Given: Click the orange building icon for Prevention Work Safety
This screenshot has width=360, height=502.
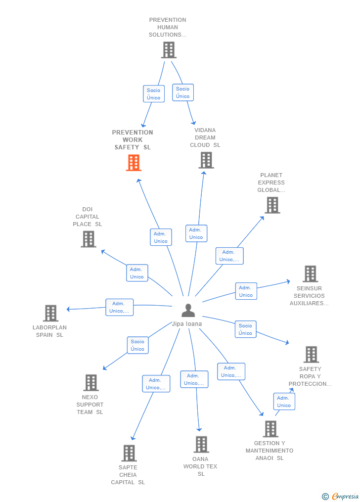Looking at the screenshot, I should [134, 163].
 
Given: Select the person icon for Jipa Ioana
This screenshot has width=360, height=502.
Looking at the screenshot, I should [188, 311].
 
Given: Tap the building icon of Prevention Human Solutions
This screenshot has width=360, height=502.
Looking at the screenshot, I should [169, 50].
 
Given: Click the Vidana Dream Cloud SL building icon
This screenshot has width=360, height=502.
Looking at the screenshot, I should [206, 160].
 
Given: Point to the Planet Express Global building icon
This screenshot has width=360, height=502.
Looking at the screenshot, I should [272, 205].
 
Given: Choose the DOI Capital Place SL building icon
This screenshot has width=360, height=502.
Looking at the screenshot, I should [88, 239].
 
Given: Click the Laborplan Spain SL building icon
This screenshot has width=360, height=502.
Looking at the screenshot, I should [50, 314].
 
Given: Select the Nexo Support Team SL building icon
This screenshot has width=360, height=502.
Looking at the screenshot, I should [90, 383].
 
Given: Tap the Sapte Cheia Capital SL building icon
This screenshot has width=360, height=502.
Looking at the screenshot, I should [129, 453].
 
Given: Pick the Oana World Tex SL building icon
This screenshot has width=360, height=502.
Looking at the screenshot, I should [201, 445].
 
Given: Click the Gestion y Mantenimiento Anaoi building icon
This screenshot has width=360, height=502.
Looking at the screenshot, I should [270, 429].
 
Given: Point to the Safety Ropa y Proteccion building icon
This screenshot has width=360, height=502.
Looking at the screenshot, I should [311, 355].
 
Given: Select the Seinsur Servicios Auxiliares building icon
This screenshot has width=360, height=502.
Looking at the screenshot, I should [310, 274].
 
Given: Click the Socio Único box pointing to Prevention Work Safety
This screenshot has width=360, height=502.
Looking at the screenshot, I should [154, 94].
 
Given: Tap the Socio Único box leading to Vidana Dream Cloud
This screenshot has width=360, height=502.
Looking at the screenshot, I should [182, 92].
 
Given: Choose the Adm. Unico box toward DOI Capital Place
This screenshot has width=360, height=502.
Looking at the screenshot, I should [137, 273].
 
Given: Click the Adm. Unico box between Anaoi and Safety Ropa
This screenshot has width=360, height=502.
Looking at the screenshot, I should [284, 402].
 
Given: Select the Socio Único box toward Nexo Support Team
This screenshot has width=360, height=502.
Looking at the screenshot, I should [137, 345].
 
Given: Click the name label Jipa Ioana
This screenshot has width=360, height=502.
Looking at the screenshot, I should [187, 324].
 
